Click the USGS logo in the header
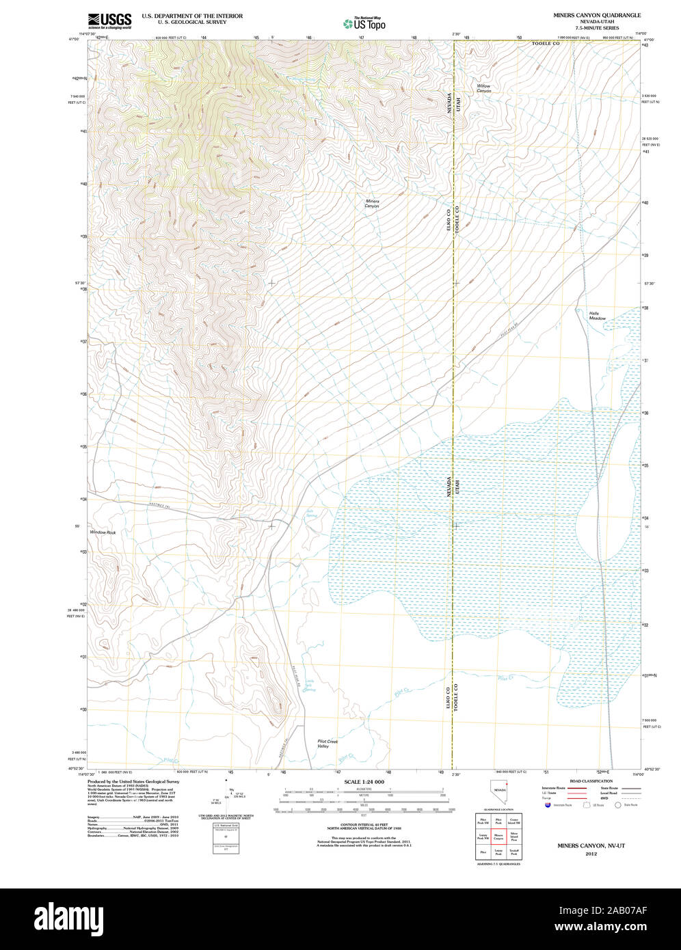[109, 20]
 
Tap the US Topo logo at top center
[364, 23]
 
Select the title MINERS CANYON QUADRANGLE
[597, 14]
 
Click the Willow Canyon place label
[483, 88]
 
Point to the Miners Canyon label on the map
[371, 203]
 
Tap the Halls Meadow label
[597, 316]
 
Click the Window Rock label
[103, 532]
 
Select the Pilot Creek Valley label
[328, 744]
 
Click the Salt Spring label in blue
[310, 513]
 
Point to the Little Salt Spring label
[309, 686]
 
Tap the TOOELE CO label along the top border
[546, 43]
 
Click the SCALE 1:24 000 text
[364, 782]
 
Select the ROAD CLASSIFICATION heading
[591, 781]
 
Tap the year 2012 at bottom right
[591, 853]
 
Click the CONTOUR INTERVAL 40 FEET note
[364, 824]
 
